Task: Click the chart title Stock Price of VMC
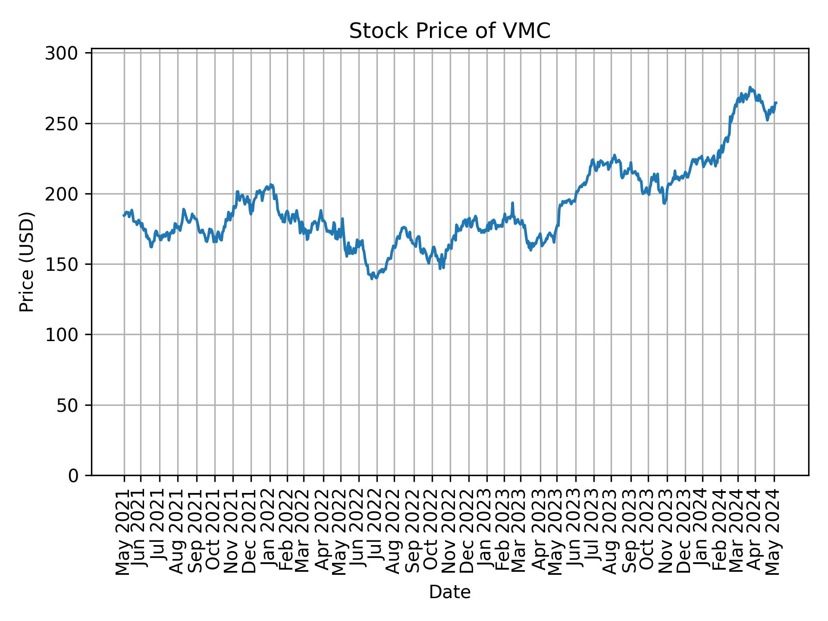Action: [449, 31]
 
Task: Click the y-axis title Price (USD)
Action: [27, 262]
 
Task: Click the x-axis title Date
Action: [449, 592]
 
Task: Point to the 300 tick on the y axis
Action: [67, 53]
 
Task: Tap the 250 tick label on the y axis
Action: [67, 124]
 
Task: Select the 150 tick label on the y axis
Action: [67, 264]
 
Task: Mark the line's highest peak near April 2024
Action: [750, 87]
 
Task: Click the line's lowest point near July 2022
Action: [372, 279]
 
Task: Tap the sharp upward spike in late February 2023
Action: [512, 203]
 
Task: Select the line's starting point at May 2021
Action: [123, 216]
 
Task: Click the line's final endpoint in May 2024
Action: [776, 103]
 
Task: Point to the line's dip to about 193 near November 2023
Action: [665, 204]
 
